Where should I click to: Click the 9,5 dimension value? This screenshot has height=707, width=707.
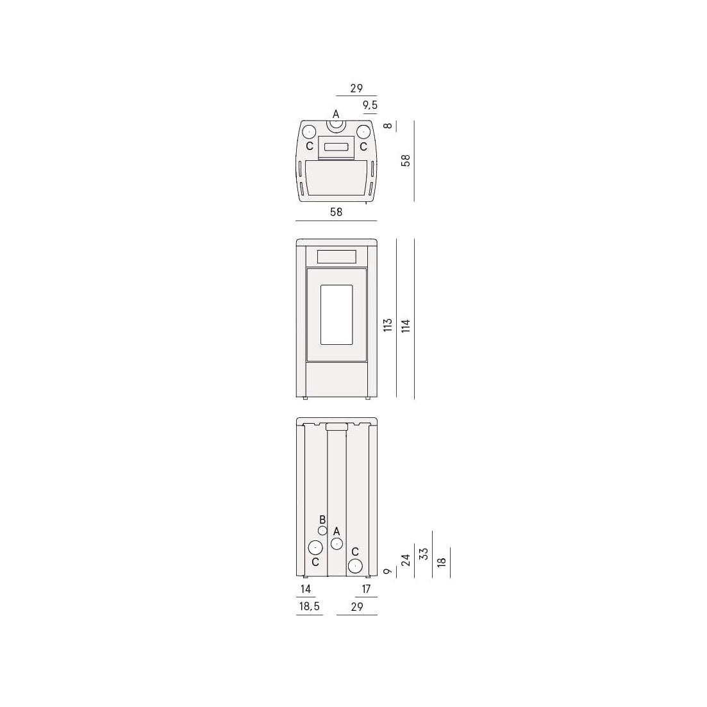[x=370, y=106]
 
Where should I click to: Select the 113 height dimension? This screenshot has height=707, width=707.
[x=388, y=325]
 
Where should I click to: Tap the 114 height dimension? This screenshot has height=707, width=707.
[x=406, y=326]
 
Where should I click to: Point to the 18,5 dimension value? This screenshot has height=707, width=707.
[x=310, y=606]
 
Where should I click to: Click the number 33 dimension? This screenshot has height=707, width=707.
[x=424, y=554]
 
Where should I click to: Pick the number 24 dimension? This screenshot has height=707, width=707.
[x=406, y=560]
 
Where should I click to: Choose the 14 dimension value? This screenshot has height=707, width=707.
[x=305, y=589]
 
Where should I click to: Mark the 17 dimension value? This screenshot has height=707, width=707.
[x=365, y=589]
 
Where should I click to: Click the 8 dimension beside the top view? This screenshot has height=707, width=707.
[x=388, y=126]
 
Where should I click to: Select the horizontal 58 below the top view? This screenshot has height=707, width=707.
[x=336, y=212]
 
